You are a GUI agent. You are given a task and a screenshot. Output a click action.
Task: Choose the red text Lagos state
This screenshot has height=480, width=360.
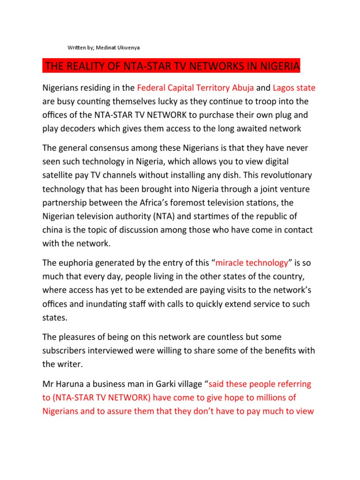pyautogui.click(x=294, y=88)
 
